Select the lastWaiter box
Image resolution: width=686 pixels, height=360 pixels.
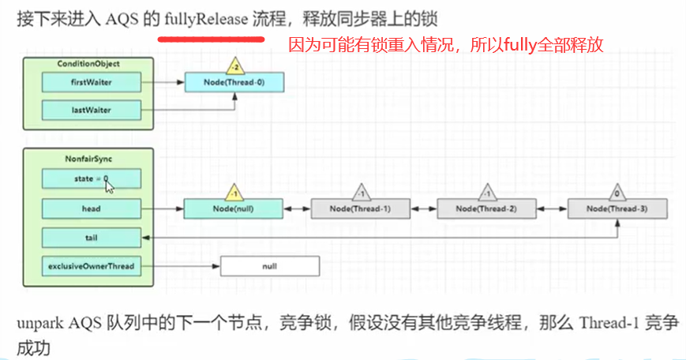point(90,109)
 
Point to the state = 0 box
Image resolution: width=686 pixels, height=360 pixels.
point(90,179)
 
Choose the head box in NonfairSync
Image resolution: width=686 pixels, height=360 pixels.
point(90,208)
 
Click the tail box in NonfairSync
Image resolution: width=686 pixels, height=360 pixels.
point(90,238)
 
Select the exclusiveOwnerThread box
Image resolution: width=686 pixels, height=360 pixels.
point(90,266)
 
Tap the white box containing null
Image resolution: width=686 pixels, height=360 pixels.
point(270,267)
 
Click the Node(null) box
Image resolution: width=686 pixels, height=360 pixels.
point(234,208)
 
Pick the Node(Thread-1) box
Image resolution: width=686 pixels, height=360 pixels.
point(361,208)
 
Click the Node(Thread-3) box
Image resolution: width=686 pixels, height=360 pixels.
point(617,208)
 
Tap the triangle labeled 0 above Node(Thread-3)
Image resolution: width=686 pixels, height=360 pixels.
point(617,191)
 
